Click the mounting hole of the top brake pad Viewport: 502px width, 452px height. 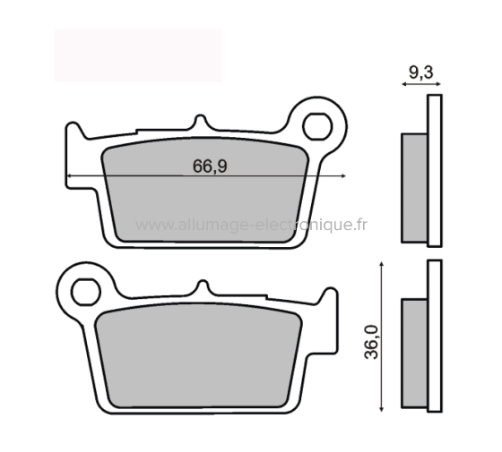[316, 126]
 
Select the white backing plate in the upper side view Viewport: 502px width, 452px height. [435, 170]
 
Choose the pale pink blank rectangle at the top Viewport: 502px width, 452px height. [138, 55]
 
